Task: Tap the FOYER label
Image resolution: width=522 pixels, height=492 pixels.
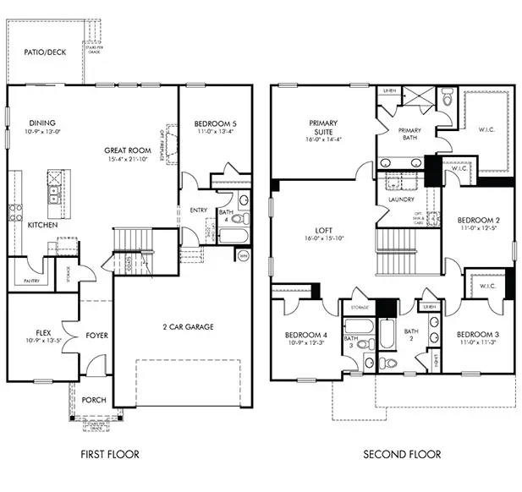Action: point(97,335)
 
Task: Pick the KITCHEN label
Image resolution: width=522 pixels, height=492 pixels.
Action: point(42,226)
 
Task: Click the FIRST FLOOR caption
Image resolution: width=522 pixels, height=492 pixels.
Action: point(109,454)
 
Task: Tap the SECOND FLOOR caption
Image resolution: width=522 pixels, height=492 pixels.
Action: point(402,454)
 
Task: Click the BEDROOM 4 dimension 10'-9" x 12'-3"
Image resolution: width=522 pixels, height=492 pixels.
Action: point(307,342)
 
